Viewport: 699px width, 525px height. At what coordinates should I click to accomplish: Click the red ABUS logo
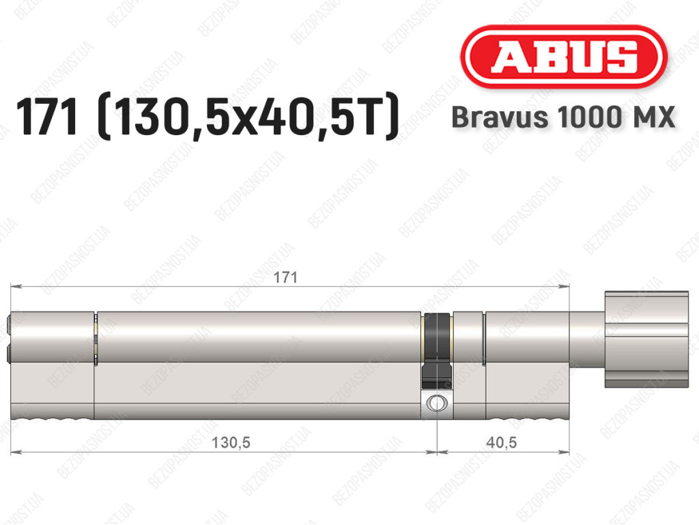click(563, 57)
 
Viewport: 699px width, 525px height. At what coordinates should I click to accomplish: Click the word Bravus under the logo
click(500, 117)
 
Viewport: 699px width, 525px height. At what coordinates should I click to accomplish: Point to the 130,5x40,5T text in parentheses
click(247, 117)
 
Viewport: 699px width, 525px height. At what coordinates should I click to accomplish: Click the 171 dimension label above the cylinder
click(285, 277)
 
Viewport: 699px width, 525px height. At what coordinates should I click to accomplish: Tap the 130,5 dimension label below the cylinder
click(231, 442)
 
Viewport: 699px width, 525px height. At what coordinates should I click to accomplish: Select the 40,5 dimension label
click(502, 442)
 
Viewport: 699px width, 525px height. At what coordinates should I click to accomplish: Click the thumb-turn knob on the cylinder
click(646, 339)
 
